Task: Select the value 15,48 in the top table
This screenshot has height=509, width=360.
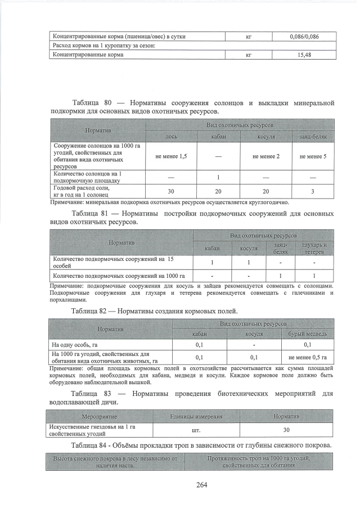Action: (x=304, y=55)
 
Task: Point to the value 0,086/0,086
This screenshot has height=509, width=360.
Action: (x=304, y=37)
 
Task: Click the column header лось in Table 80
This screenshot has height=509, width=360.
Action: (x=171, y=137)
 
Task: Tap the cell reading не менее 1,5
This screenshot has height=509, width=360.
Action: (x=171, y=156)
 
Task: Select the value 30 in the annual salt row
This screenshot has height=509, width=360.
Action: (x=171, y=192)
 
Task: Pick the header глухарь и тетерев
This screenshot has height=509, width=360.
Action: (x=314, y=248)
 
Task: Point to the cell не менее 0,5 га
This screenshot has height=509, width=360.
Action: (x=307, y=357)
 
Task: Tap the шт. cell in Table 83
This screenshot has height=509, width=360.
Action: (x=196, y=430)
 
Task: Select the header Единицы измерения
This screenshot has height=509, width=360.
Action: (x=196, y=417)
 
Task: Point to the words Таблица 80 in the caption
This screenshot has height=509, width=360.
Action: (x=93, y=103)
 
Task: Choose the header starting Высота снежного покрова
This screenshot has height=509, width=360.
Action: (x=115, y=462)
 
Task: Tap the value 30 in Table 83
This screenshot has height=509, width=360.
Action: (x=286, y=430)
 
